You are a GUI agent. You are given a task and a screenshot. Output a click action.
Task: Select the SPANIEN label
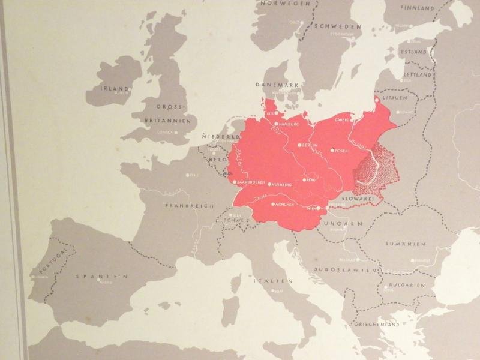pos(102,277)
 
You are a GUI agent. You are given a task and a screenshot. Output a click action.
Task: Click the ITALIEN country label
pos(272,281)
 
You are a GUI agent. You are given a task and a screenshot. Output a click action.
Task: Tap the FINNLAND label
pos(418,9)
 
